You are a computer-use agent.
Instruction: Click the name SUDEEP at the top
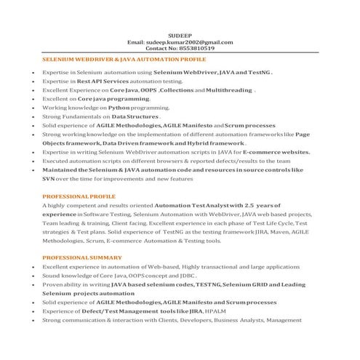point(180,35)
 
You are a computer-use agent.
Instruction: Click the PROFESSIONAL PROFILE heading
point(79,196)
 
